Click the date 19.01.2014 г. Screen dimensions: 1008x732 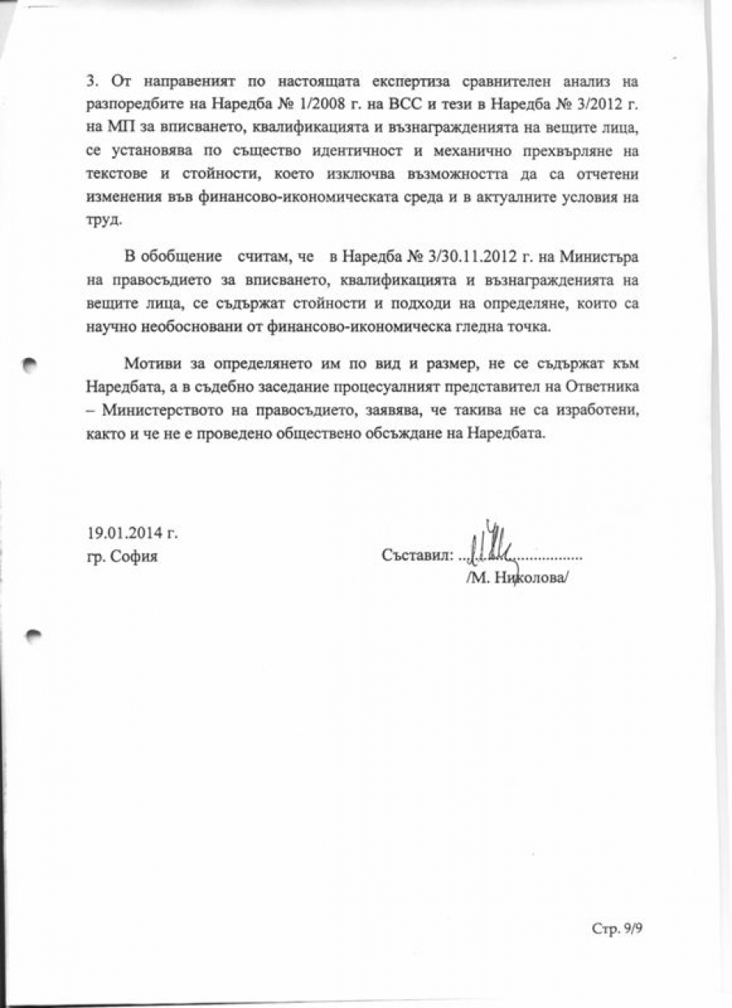[132, 534]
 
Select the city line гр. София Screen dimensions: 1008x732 [122, 557]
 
